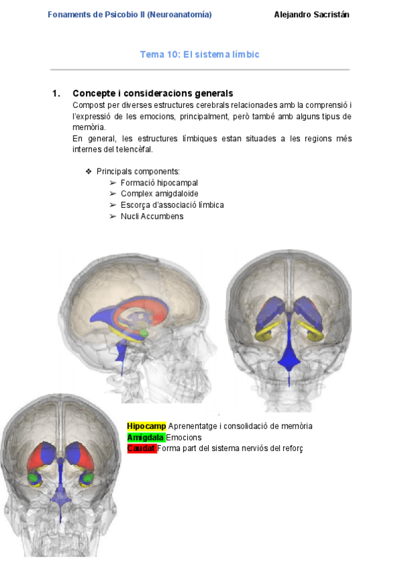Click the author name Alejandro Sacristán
[311, 15]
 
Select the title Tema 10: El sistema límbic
[199, 54]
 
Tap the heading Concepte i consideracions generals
[153, 93]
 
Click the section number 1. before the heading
[56, 93]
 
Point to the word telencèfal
[133, 149]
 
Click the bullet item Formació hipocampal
[159, 183]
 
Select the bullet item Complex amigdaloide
[159, 194]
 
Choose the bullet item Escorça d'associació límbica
[172, 205]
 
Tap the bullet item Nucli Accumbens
[152, 217]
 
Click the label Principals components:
[138, 171]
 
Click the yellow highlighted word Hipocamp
[146, 426]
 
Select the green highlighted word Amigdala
[145, 437]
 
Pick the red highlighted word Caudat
[141, 448]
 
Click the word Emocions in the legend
[184, 437]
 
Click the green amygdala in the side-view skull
[143, 331]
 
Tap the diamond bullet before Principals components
[89, 171]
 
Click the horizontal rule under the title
[200, 69]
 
